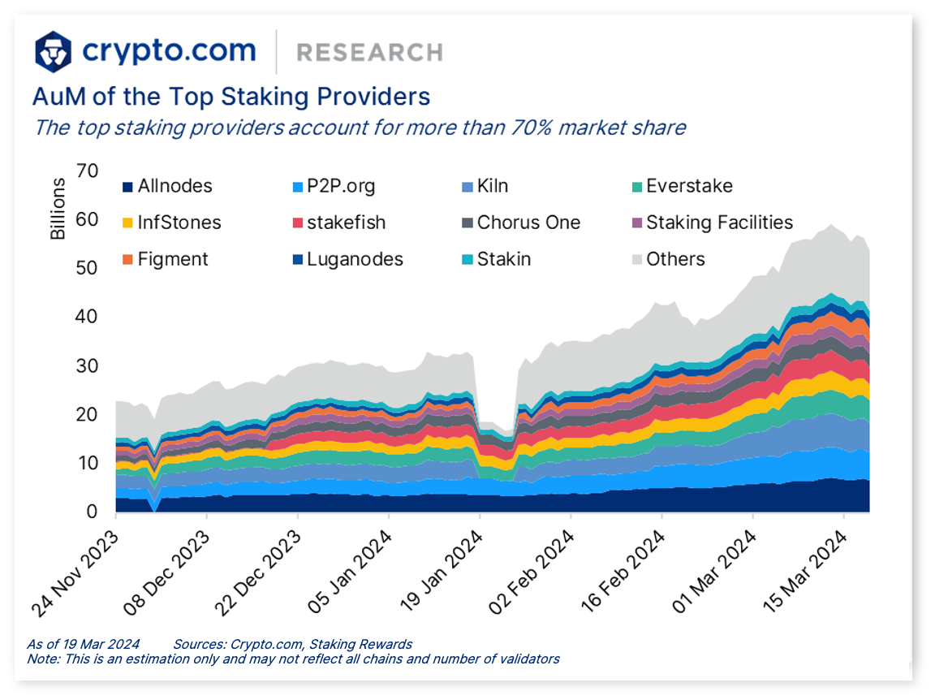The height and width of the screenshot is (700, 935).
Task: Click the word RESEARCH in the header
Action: point(369,53)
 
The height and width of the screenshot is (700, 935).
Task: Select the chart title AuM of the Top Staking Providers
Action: point(231,97)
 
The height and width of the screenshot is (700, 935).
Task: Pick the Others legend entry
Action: point(674,259)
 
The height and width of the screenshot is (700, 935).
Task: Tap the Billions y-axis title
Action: point(58,209)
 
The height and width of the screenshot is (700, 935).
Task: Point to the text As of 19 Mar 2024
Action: point(83,644)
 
